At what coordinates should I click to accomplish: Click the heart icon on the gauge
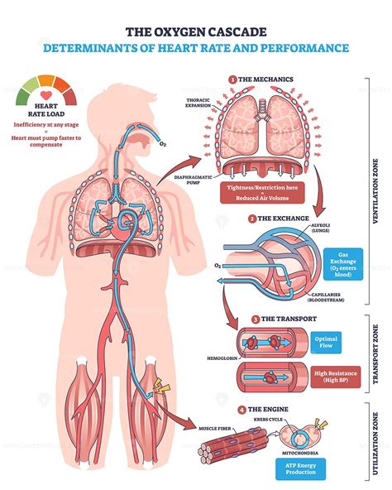coord(46,95)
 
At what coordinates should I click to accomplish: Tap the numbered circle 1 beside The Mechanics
coord(232,79)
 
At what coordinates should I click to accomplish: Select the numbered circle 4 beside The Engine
coord(242,410)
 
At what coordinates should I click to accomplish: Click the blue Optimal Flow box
coord(326,343)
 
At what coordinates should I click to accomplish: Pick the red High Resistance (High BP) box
coord(336,377)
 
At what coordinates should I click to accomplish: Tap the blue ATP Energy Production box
coord(300,469)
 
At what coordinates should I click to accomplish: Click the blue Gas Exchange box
coord(343,264)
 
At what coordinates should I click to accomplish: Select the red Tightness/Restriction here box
coord(262,193)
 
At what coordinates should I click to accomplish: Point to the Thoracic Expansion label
coord(198,103)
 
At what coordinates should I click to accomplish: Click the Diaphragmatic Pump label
coord(193,180)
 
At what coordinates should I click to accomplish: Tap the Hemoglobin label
coord(222,358)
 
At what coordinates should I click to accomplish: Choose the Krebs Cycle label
coord(268,420)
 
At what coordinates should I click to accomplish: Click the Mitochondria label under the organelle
coord(300,453)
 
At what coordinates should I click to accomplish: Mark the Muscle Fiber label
coord(214,429)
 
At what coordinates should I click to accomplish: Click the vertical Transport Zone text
coord(375,353)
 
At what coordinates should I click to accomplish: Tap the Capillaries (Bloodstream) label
coord(326,297)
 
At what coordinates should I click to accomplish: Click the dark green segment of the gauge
coord(22,97)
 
